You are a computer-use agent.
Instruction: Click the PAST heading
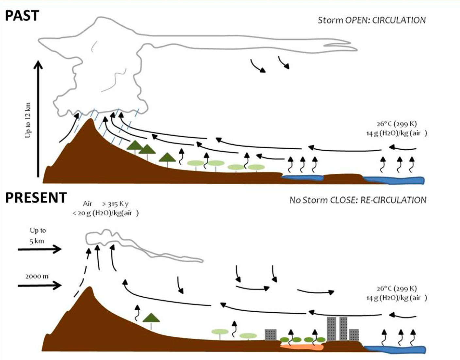point(22,15)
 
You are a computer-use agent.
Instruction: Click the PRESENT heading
point(36,197)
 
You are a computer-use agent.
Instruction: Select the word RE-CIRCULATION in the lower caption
point(393,200)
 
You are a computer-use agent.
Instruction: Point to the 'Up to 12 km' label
point(28,120)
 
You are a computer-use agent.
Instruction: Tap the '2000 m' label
point(37,276)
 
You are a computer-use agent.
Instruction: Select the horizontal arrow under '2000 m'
point(40,286)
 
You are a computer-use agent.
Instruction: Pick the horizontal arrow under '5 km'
point(40,249)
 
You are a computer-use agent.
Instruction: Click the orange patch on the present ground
point(302,347)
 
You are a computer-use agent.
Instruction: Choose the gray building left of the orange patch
point(271,335)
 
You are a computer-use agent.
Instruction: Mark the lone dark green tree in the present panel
point(151,318)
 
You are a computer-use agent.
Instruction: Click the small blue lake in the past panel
point(302,178)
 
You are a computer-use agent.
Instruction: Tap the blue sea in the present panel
point(395,349)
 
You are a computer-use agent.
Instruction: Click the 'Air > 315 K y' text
point(106,204)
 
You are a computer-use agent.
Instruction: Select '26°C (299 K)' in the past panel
point(397,124)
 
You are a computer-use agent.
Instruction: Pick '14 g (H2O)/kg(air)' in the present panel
point(396,298)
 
